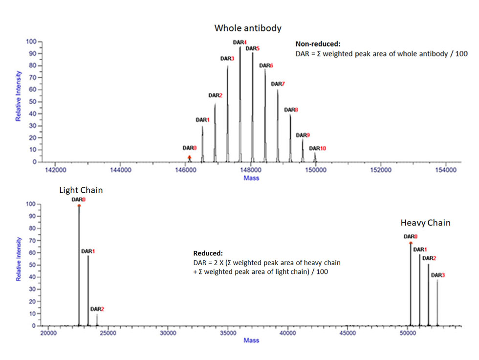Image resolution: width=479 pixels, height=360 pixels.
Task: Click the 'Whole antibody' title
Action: click(x=248, y=28)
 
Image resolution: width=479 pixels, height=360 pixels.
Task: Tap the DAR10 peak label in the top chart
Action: click(x=318, y=148)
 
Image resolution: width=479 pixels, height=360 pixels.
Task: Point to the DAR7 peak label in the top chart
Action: click(x=278, y=84)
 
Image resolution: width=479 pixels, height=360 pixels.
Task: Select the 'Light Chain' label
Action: click(x=81, y=190)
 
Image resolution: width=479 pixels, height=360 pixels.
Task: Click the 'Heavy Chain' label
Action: click(x=425, y=223)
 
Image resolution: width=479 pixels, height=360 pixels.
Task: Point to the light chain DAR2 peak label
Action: click(x=97, y=309)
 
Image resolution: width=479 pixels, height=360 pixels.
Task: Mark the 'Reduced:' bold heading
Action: click(x=208, y=253)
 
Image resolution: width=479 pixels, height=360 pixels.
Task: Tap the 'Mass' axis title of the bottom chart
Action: click(x=251, y=340)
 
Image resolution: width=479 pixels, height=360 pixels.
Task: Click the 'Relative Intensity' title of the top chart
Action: click(x=19, y=96)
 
